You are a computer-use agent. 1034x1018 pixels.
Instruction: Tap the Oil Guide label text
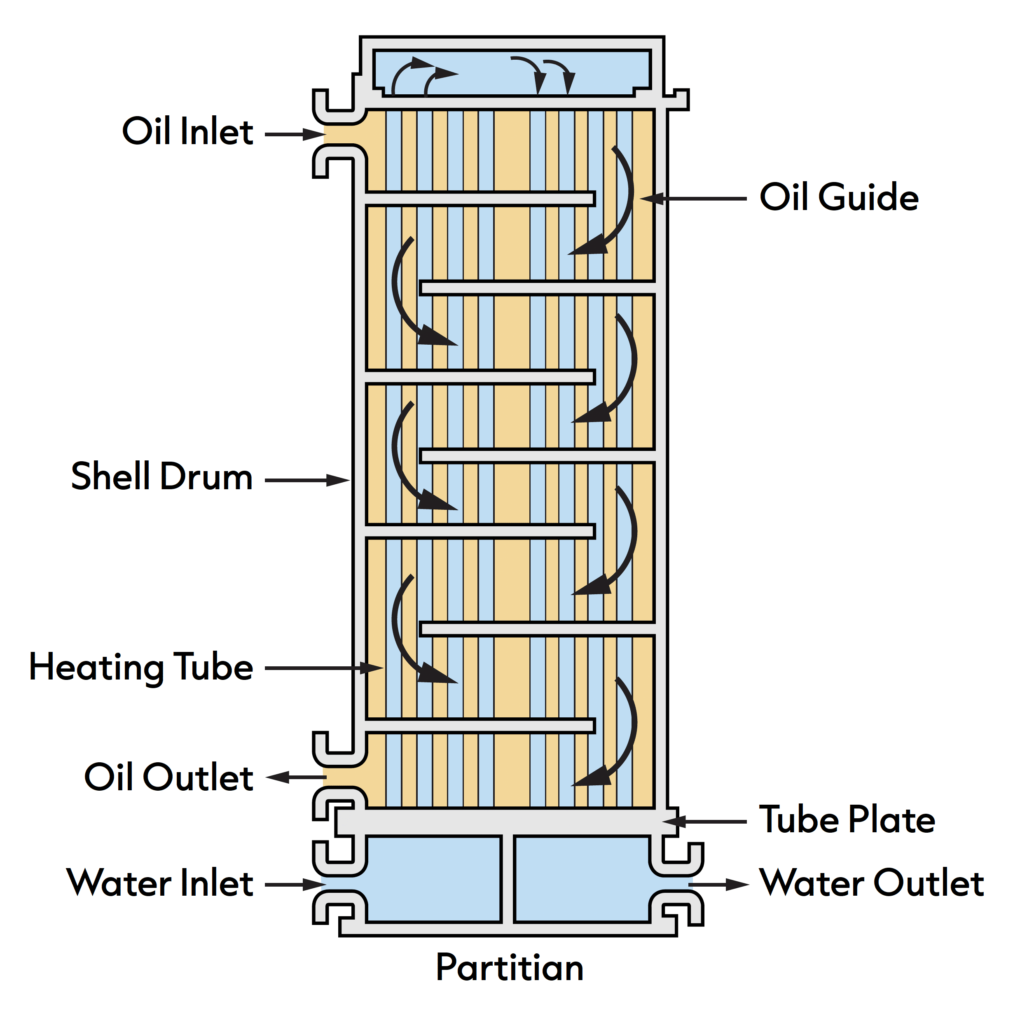tap(838, 197)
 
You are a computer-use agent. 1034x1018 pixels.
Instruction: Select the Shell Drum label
tap(161, 476)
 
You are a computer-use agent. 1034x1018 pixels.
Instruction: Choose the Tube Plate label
tap(847, 819)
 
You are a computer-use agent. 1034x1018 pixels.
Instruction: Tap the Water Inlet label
tap(159, 883)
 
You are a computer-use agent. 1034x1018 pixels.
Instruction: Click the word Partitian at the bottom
tap(509, 968)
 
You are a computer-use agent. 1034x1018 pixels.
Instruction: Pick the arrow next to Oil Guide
tap(693, 198)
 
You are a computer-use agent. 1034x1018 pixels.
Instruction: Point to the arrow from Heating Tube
tap(324, 668)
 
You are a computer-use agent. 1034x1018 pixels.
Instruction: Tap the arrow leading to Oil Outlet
tap(296, 777)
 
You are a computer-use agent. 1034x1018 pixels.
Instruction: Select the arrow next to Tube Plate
tap(704, 821)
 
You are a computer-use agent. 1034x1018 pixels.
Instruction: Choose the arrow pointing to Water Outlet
tap(718, 885)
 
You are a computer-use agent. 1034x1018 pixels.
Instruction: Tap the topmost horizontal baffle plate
tap(480, 198)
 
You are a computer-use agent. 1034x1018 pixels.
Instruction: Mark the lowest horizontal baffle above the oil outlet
tap(480, 726)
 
